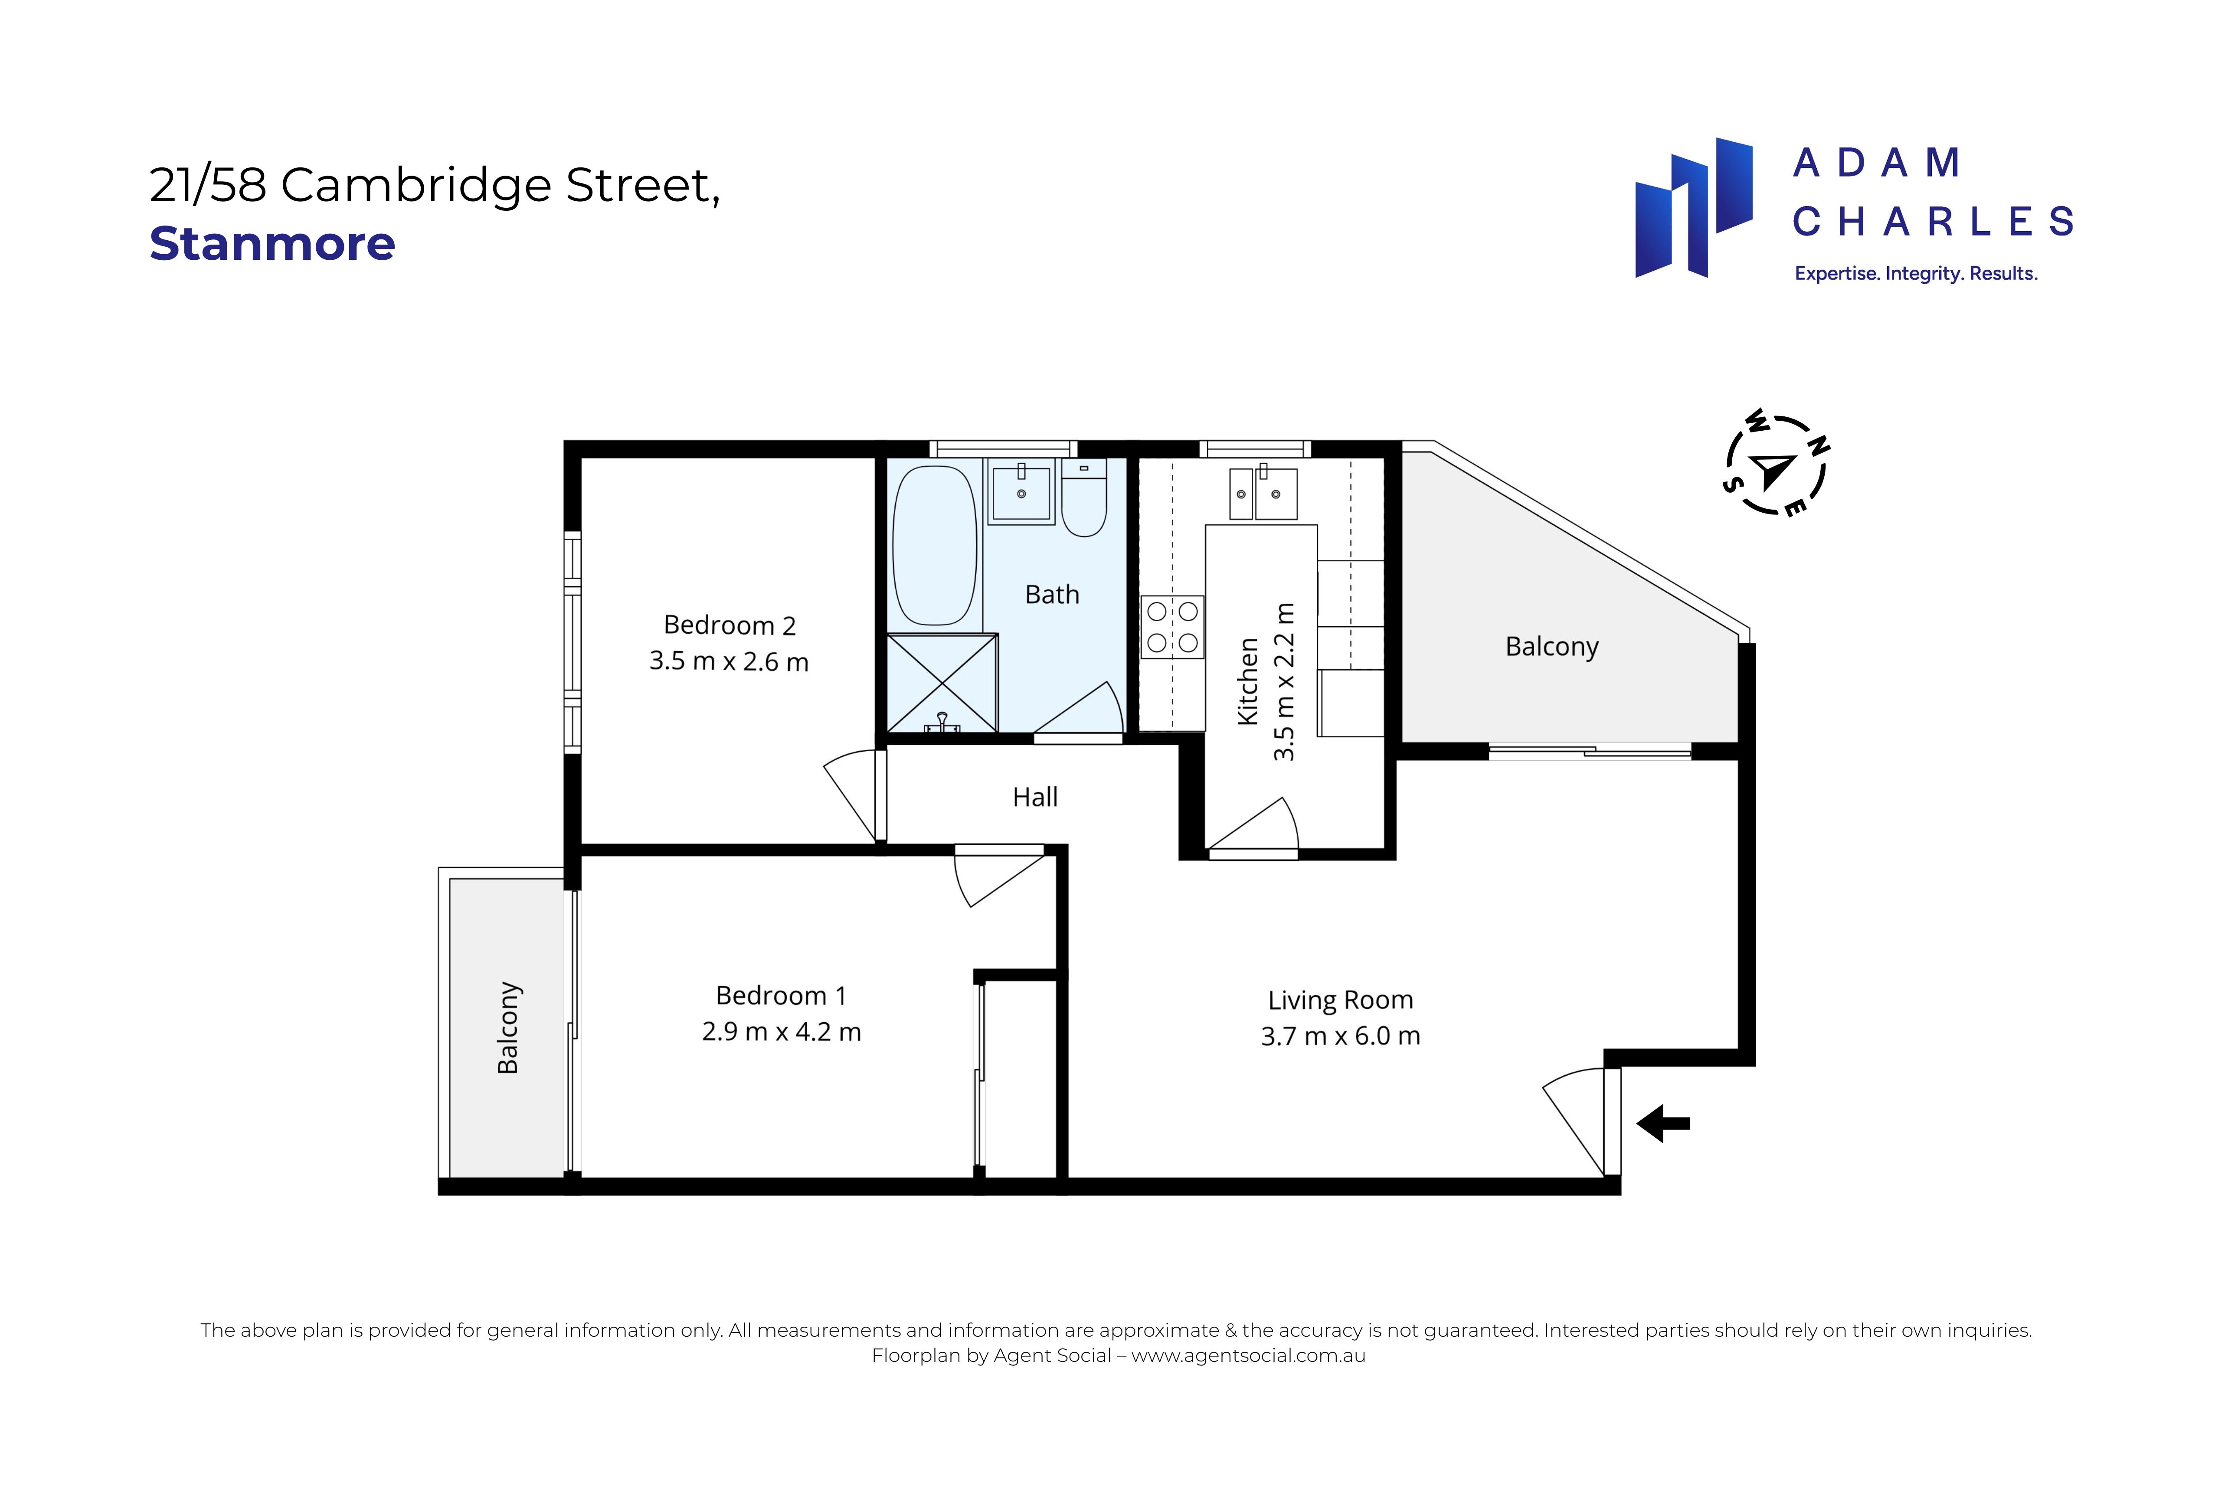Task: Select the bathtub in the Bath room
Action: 934,546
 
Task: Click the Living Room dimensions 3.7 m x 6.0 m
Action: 1341,1036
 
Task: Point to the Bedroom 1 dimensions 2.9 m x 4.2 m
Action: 781,1031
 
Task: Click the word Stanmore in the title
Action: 272,244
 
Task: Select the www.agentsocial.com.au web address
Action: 1248,1355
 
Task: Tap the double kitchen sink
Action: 1263,493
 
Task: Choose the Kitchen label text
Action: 1248,681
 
